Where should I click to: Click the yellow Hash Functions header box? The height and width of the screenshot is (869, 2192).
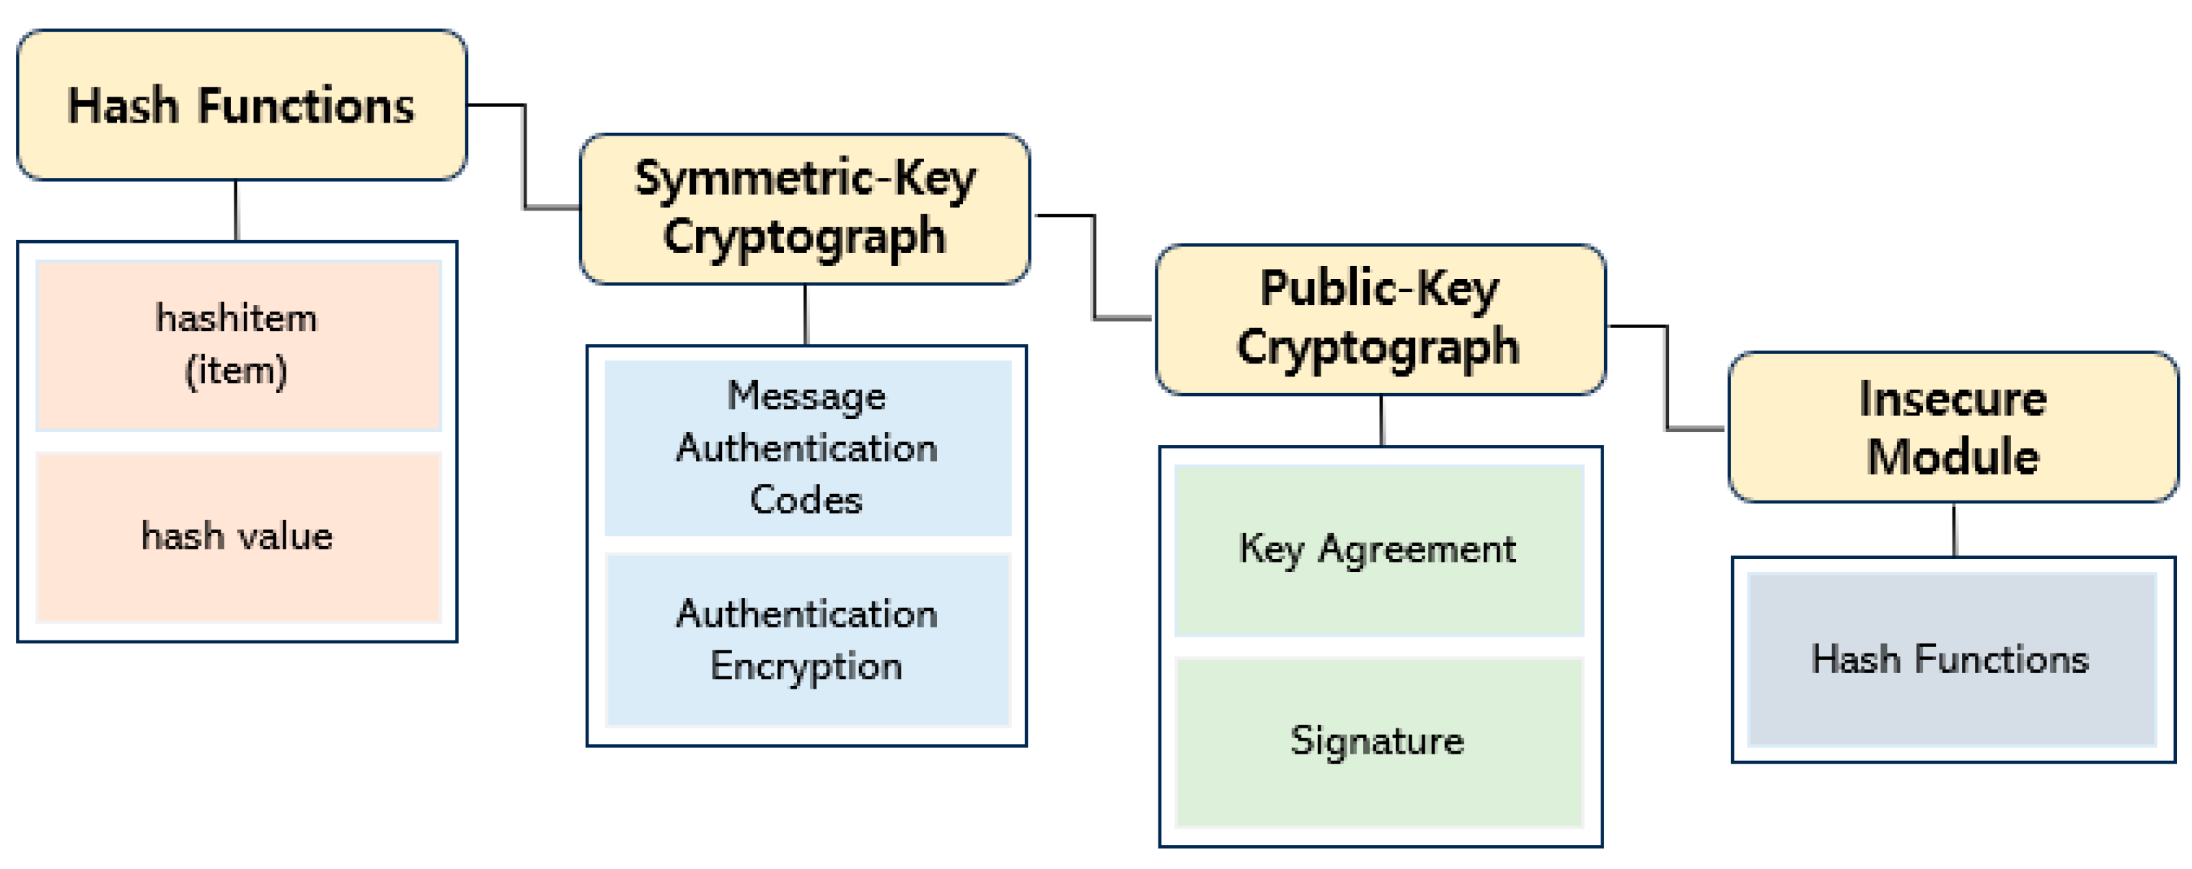241,105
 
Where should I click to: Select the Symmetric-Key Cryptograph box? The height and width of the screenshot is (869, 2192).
804,208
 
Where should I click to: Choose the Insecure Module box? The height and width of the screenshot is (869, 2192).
1952,427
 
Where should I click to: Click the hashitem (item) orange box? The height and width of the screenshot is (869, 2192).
238,345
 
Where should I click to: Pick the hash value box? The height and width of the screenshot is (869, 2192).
238,537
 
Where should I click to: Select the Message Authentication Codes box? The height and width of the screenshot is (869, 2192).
806,449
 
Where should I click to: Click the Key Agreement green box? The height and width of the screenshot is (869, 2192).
1378,550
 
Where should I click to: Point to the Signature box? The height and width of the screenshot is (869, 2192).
1378,741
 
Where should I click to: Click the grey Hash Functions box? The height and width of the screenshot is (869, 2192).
1950,660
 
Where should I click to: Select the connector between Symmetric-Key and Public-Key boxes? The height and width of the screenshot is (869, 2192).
1093,268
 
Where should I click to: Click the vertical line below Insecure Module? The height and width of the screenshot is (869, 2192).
1954,530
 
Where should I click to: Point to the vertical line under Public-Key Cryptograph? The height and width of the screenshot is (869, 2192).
1381,420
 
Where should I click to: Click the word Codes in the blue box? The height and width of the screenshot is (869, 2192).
806,500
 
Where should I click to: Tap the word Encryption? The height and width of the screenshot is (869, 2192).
806,666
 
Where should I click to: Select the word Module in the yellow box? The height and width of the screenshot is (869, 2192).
1952,457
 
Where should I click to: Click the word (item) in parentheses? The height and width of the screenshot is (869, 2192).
237,372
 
